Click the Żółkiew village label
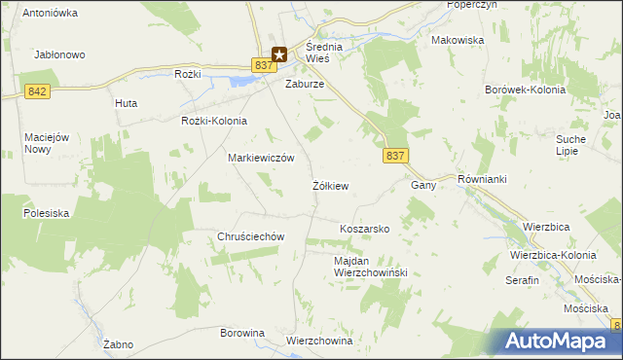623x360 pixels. coord(331,185)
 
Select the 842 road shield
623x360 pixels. coord(38,90)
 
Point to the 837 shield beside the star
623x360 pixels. coord(261,64)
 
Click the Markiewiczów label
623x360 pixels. coord(261,158)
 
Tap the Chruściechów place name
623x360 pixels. coord(250,236)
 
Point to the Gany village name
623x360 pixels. coord(422,185)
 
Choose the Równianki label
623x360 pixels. coord(484,180)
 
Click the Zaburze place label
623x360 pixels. coord(304,85)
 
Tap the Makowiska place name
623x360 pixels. coord(458,40)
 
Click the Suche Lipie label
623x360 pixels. coord(570,145)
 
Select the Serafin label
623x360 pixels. coord(522,279)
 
